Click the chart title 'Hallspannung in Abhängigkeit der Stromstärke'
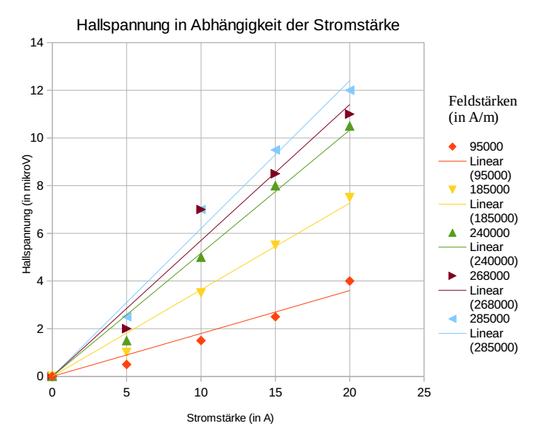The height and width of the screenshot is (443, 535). [x=238, y=26]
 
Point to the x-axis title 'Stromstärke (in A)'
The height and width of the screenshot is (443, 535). [x=230, y=418]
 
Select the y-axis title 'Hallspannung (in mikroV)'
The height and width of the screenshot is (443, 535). [x=27, y=214]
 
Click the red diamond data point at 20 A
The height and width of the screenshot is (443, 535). [x=350, y=281]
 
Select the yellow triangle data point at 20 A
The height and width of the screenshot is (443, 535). [x=350, y=197]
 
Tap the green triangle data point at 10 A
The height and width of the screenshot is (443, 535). [x=200, y=257]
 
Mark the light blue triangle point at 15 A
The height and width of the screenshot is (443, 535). [x=275, y=150]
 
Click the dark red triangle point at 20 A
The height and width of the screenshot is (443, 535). [x=350, y=114]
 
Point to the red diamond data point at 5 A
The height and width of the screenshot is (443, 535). [x=126, y=364]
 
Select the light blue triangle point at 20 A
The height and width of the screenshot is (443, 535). [x=350, y=90]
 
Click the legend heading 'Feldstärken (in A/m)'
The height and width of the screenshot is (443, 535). [x=483, y=109]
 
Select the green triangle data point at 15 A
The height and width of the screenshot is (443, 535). [x=275, y=186]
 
